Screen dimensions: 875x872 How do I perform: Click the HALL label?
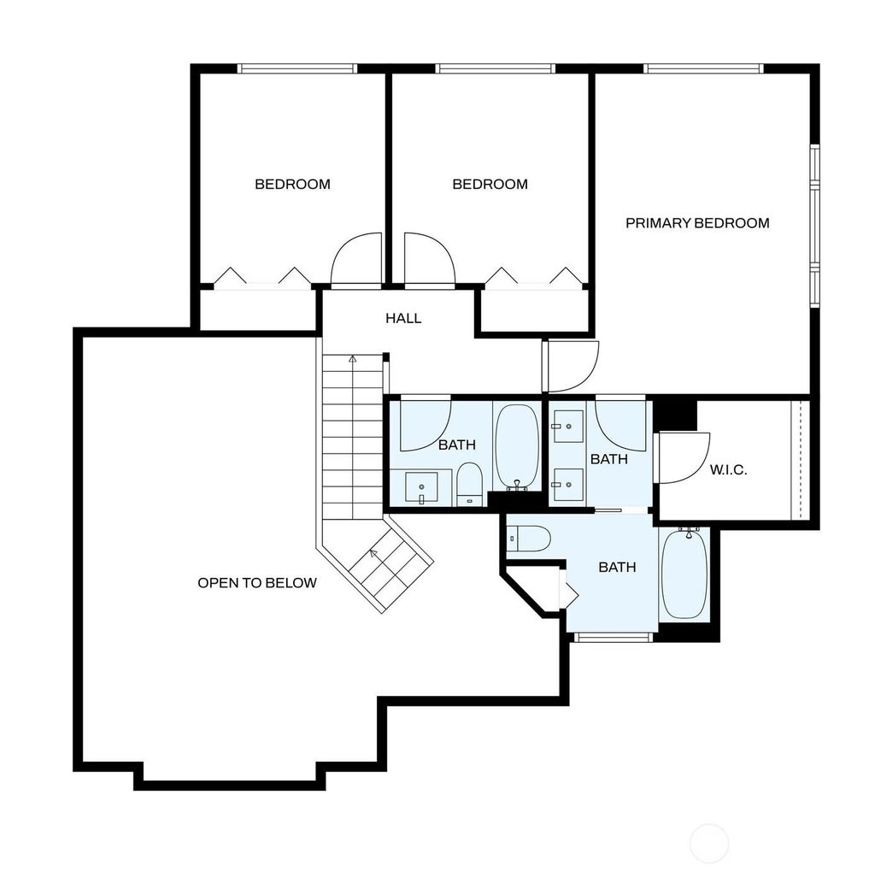click(403, 318)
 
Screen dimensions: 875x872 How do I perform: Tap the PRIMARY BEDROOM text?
click(697, 223)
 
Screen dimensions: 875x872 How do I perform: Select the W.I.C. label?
click(728, 469)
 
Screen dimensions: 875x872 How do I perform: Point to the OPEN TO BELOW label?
click(257, 583)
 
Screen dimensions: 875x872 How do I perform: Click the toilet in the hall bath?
click(469, 484)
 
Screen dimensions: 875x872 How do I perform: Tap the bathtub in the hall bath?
click(517, 446)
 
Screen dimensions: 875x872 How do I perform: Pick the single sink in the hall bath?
click(421, 486)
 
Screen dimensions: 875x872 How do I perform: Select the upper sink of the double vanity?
click(568, 427)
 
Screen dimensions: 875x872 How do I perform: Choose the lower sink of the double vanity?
click(568, 485)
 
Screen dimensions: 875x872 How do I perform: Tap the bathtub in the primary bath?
click(684, 574)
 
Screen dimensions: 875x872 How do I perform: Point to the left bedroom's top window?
click(297, 68)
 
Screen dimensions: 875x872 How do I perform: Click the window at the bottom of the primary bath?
click(614, 637)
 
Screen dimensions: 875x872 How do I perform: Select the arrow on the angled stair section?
click(373, 554)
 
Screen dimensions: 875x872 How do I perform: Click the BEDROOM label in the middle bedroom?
click(490, 184)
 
